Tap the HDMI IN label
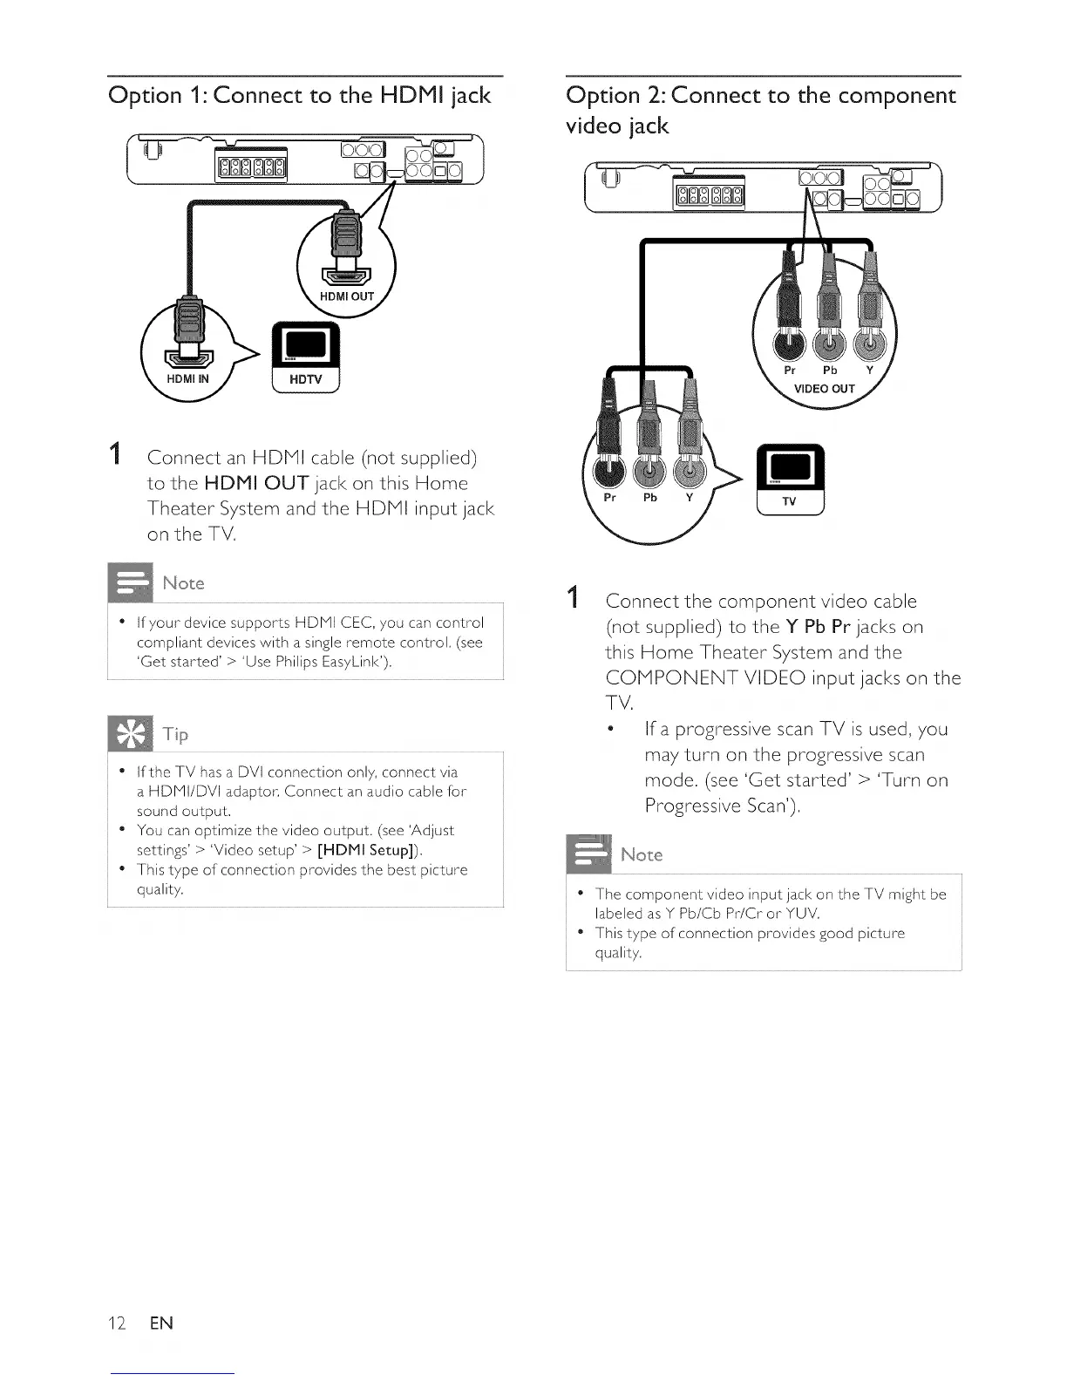[x=188, y=378]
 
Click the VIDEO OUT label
[x=824, y=389]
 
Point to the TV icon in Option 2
[x=789, y=480]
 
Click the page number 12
[x=117, y=1323]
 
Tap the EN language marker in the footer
[x=161, y=1323]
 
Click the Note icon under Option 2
[x=588, y=854]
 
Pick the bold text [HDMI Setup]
[x=358, y=850]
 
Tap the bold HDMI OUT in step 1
[x=256, y=483]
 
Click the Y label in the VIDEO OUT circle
[x=868, y=370]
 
